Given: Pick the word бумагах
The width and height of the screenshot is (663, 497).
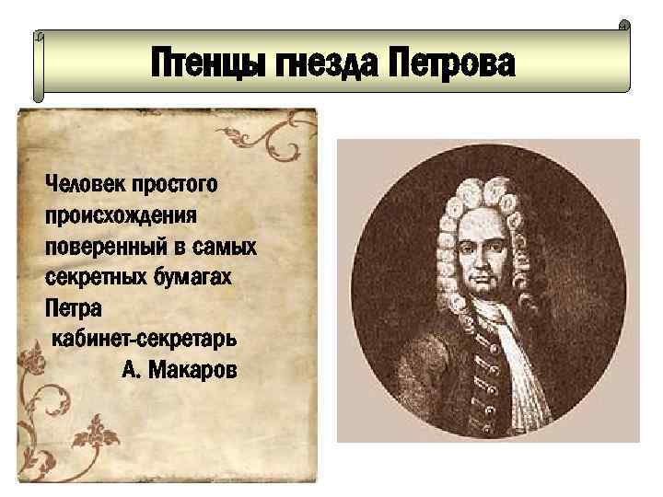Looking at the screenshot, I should tap(201, 277).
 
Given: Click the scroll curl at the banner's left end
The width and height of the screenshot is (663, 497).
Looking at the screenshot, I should tap(39, 64).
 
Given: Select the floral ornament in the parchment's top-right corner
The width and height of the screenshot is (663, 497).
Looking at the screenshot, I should tap(268, 137).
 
